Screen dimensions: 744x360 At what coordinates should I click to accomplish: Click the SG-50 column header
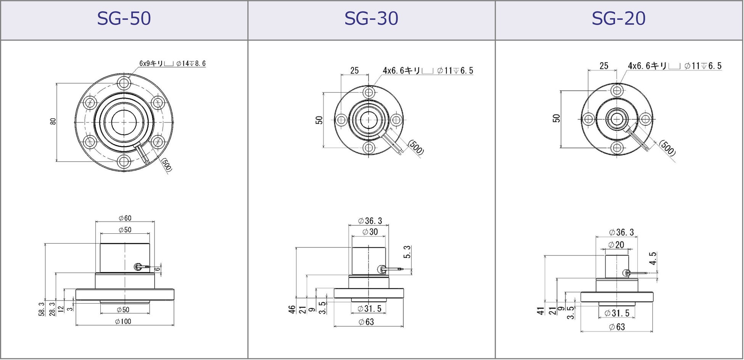click(124, 18)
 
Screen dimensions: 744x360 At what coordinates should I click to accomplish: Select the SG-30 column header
click(371, 18)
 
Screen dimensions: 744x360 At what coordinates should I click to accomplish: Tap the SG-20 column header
click(618, 18)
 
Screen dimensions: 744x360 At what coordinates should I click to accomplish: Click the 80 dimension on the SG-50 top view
click(53, 121)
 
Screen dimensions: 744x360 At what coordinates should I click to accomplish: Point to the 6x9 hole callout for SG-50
click(172, 63)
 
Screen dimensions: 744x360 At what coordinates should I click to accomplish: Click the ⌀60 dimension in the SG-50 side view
click(125, 218)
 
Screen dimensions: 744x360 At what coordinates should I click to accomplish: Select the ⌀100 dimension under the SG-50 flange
click(123, 321)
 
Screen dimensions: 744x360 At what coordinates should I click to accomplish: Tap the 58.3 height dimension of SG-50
click(42, 309)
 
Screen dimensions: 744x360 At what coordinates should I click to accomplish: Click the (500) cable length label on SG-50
click(167, 164)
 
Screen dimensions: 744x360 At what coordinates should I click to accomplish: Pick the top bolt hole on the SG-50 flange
click(124, 83)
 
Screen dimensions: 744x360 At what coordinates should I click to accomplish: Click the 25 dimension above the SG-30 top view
click(354, 71)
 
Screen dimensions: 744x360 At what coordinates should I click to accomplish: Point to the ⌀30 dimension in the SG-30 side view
click(370, 232)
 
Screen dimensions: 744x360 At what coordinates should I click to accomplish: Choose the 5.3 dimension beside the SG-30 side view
click(407, 252)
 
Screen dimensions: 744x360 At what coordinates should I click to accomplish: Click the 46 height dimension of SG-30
click(292, 309)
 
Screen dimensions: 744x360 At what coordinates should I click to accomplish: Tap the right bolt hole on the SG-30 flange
click(396, 120)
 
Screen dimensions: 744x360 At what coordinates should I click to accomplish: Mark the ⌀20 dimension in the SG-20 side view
click(616, 245)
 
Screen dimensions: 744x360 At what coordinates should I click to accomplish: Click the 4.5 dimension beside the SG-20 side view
click(653, 259)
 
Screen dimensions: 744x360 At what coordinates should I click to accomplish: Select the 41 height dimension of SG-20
click(541, 311)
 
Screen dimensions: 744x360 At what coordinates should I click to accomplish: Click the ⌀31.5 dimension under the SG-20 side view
click(617, 313)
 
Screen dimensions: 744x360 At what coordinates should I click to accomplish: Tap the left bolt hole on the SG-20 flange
click(589, 119)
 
